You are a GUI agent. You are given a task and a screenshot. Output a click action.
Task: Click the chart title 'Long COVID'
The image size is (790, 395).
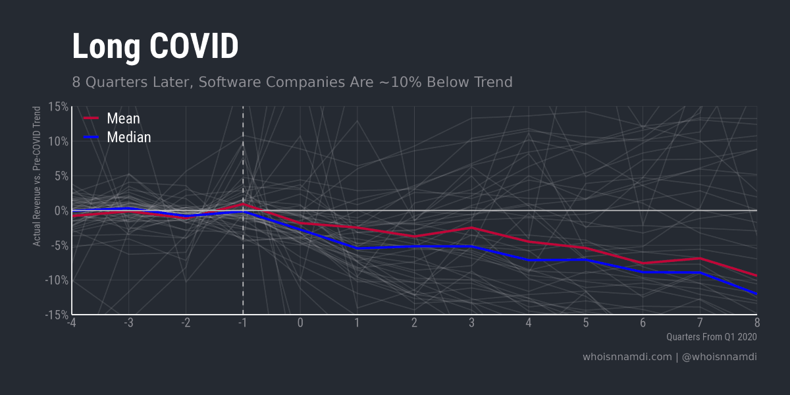click(x=155, y=47)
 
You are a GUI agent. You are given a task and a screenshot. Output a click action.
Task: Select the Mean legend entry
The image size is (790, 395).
click(x=123, y=118)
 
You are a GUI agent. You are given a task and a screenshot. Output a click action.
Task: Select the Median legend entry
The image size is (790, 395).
click(x=128, y=137)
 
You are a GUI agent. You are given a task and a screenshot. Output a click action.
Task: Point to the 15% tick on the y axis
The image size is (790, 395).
click(x=58, y=107)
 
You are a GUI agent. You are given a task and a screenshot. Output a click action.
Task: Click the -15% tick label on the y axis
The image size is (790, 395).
click(x=57, y=315)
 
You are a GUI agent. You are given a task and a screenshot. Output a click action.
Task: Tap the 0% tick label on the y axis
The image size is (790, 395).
click(x=61, y=211)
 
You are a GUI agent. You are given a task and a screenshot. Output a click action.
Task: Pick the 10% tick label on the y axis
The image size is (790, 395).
click(x=58, y=142)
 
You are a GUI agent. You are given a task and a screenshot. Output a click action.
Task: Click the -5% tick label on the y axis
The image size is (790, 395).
click(x=59, y=246)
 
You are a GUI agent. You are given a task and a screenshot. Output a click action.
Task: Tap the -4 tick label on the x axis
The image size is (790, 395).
click(x=72, y=323)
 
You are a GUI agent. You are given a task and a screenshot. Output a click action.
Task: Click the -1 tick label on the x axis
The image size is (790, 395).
click(x=243, y=323)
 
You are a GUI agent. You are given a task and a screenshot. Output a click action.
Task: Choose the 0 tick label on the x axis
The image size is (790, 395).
click(x=300, y=323)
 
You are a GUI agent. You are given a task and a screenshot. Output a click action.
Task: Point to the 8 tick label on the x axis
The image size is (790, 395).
click(x=757, y=323)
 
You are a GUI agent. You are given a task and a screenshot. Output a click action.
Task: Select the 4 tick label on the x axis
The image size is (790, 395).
click(x=529, y=323)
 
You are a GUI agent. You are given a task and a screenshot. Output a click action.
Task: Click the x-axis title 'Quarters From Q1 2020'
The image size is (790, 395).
click(x=711, y=337)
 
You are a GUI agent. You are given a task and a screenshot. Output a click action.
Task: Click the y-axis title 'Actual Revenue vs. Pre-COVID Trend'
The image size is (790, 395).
click(x=38, y=176)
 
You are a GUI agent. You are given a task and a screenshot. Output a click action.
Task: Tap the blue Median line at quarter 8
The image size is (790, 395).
click(x=756, y=294)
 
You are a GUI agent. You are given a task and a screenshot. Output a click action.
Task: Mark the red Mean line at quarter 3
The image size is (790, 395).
click(x=471, y=228)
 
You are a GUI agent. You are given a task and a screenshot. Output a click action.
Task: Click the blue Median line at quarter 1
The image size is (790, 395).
click(x=357, y=248)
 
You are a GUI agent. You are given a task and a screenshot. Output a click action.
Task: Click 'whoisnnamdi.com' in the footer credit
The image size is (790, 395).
click(x=627, y=357)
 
